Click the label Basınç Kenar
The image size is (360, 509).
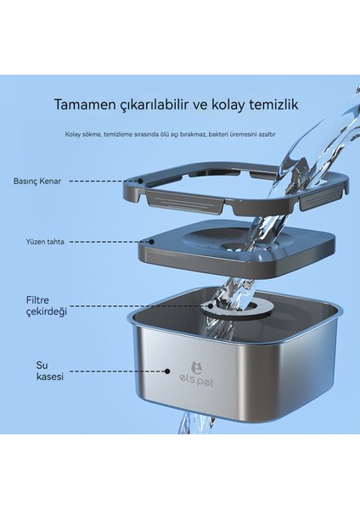(x=41, y=181)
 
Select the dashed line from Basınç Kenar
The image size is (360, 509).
(x=98, y=181)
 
